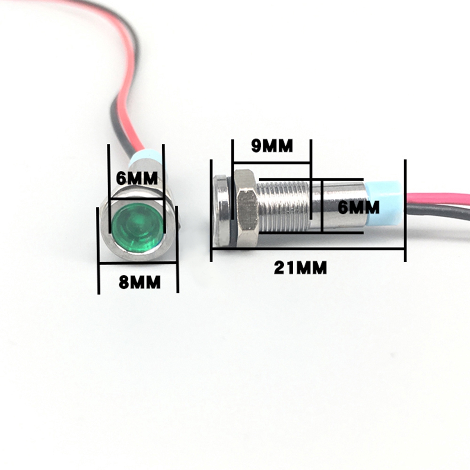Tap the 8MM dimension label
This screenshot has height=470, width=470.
(140, 282)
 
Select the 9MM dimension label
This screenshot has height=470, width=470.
(272, 146)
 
